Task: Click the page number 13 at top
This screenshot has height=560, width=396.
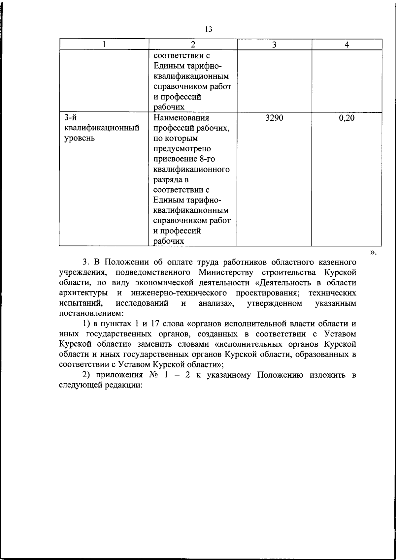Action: click(208, 29)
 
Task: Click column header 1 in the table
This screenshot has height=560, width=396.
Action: click(104, 45)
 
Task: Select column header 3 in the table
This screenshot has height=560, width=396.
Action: click(274, 45)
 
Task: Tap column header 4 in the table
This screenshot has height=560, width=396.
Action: click(347, 45)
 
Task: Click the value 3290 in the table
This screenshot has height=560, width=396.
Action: click(274, 118)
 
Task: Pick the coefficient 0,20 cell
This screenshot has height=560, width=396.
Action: click(346, 118)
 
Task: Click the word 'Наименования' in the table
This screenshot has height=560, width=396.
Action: click(181, 118)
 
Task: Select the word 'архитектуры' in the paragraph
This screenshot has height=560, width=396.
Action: click(82, 293)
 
